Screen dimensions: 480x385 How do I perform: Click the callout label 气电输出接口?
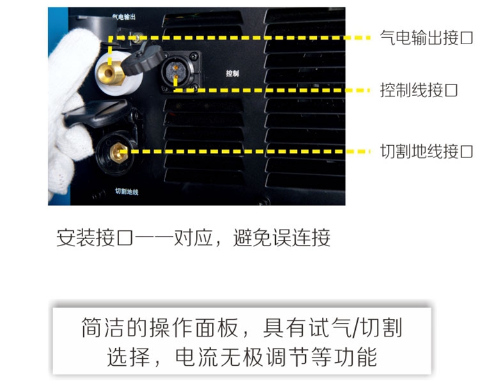click(426, 38)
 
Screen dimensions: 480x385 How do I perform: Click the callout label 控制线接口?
click(419, 90)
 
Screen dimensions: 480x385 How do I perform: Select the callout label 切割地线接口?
click(426, 152)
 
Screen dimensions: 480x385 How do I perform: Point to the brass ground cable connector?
click(119, 153)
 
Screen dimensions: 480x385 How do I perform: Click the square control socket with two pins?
click(180, 72)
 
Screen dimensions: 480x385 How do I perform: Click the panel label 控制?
click(232, 74)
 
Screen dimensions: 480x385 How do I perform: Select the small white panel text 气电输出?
click(124, 17)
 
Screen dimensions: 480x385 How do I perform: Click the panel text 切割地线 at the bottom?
click(127, 191)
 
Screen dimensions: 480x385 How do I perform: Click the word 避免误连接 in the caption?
click(282, 238)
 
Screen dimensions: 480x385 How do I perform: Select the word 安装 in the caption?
click(76, 238)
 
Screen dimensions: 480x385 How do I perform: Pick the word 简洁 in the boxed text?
click(102, 328)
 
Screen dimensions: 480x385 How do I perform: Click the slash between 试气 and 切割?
click(356, 328)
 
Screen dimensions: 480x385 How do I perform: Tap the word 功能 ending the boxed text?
click(356, 357)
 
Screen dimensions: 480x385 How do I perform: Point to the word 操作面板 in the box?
click(193, 328)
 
